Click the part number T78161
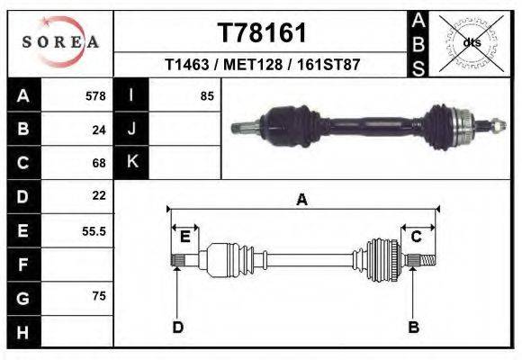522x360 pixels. pos(263,32)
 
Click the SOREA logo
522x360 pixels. pos(60,42)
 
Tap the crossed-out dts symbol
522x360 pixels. pos(472,41)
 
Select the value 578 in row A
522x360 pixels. pos(95,95)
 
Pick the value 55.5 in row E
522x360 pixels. pos(94,230)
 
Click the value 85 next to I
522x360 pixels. pos(207,95)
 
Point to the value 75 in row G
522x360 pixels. pos(99,295)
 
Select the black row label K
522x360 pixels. pos(131,162)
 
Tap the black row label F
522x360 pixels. pos(22,265)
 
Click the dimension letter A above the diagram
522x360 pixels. pos(301,201)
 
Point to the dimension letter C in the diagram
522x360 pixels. pos(417,237)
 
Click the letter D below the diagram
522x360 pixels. pos(177,327)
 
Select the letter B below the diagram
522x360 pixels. pos(413,327)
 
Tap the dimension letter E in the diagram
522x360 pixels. pos(184,237)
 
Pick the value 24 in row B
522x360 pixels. pos(99,130)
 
